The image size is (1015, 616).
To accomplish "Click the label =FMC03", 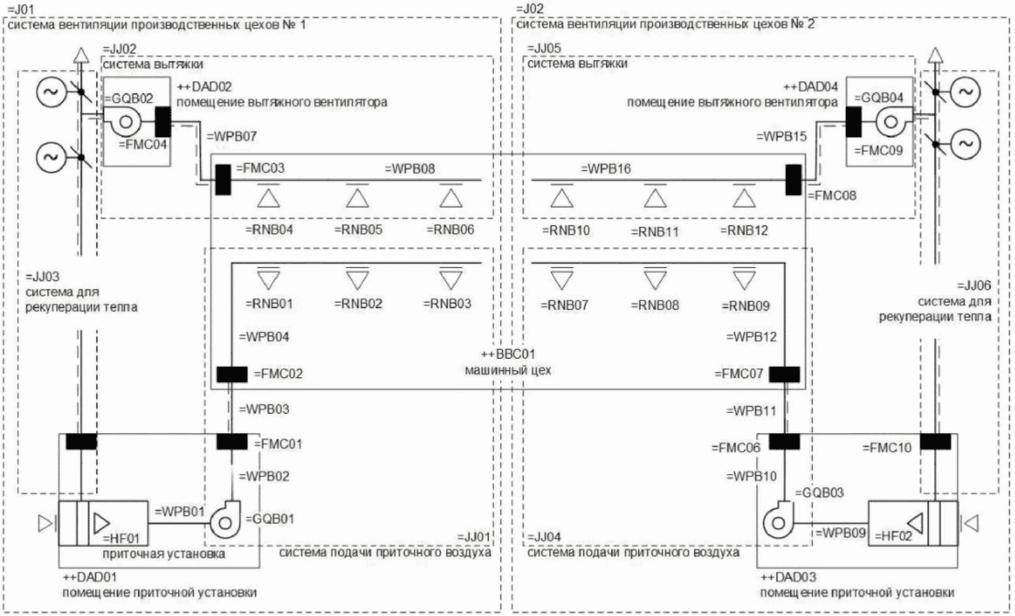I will click(260, 169).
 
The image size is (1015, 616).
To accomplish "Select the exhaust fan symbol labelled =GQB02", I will click(125, 122).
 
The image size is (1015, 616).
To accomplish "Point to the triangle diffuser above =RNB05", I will click(358, 198).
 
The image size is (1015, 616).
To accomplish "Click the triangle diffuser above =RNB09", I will click(744, 280).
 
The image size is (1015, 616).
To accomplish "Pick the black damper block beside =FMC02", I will click(232, 374).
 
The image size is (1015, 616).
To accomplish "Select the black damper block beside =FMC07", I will click(784, 374).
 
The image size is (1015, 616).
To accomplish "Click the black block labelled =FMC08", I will click(793, 180).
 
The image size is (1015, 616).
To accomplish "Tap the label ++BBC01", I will click(508, 354).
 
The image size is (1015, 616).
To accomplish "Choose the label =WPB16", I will click(606, 169).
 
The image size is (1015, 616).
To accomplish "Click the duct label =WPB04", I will click(264, 336).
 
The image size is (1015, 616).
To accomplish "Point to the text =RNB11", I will click(655, 232).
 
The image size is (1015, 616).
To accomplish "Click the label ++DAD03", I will click(788, 577).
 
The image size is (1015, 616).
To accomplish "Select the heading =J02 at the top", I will click(529, 9).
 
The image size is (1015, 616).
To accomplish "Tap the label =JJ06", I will click(974, 286).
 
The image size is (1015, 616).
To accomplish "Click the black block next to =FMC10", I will click(935, 441).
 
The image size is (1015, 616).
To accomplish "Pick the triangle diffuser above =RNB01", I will click(269, 280).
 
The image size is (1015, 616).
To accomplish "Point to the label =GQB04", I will click(879, 98).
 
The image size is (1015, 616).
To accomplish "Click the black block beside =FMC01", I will click(232, 442).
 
